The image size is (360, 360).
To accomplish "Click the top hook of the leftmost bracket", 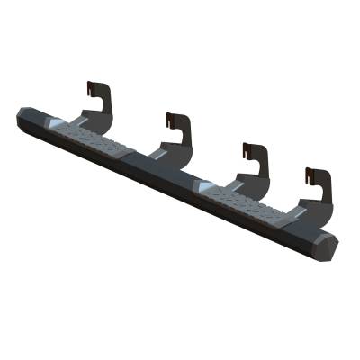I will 90,87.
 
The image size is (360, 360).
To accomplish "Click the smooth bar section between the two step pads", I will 166,170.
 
